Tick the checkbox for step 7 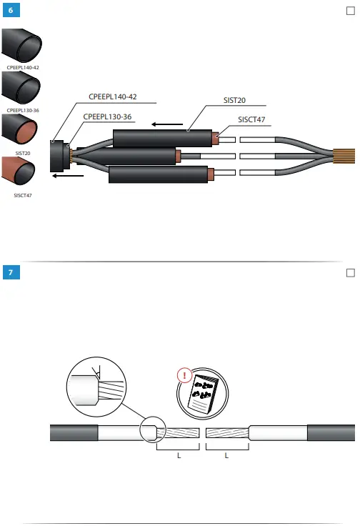[x=350, y=273]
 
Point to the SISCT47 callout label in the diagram [x=251, y=120]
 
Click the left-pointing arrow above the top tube [x=167, y=124]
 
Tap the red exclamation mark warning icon [x=185, y=374]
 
